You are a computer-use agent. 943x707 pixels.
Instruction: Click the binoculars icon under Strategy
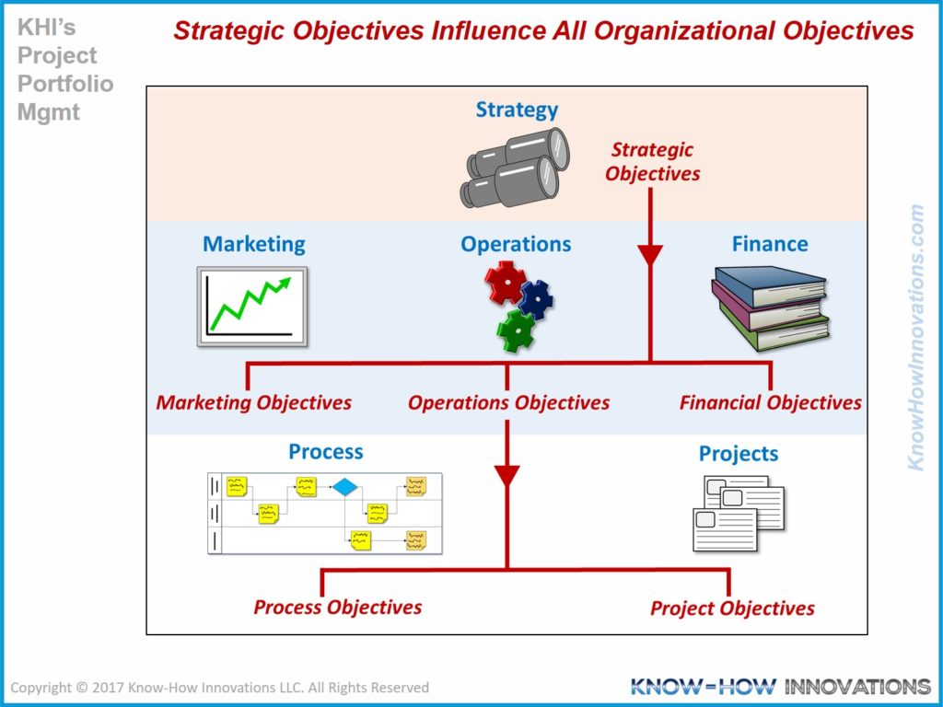514,168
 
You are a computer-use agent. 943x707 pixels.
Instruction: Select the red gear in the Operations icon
506,283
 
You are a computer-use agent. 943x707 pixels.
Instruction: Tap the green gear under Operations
516,330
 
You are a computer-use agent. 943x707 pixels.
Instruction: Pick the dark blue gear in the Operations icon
536,299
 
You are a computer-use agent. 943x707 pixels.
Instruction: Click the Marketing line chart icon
252,307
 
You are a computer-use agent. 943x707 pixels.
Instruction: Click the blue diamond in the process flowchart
345,486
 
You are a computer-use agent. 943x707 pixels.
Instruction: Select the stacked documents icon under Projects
739,514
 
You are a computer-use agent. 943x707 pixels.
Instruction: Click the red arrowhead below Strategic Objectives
650,255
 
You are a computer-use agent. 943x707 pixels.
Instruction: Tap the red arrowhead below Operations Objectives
507,476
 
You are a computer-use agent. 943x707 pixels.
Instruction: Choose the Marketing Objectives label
254,402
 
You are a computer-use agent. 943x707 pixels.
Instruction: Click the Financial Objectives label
771,402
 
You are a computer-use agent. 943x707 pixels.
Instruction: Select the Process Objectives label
337,608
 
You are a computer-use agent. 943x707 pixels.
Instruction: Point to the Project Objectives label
732,608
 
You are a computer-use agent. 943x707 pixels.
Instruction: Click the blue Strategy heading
517,110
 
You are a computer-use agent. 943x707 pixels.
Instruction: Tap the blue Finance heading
770,244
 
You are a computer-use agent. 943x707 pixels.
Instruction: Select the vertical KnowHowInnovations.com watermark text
915,338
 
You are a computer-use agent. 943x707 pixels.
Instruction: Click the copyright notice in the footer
219,687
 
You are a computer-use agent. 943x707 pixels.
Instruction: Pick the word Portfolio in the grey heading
65,84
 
